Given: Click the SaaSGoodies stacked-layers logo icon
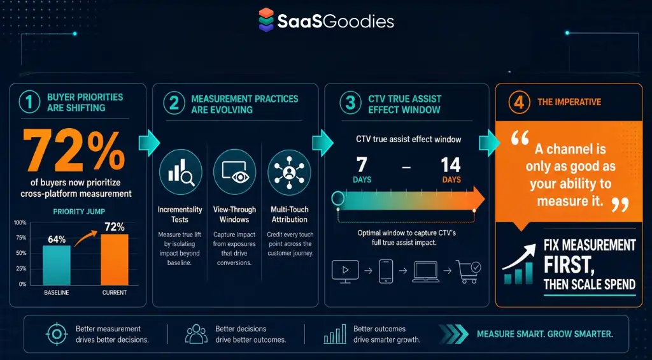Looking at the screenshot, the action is pyautogui.click(x=266, y=20).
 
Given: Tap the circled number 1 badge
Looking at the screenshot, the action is pyautogui.click(x=29, y=103).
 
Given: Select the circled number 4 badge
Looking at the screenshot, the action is pyautogui.click(x=518, y=103).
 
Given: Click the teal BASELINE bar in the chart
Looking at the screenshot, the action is pyautogui.click(x=57, y=264).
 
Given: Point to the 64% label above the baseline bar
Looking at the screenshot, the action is pyautogui.click(x=57, y=240).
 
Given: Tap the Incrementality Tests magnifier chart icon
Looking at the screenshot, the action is pyautogui.click(x=180, y=172).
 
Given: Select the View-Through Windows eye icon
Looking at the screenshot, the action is pyautogui.click(x=234, y=172).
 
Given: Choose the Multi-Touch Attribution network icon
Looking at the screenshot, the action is pyautogui.click(x=289, y=172).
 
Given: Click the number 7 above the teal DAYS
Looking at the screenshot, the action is pyautogui.click(x=362, y=165).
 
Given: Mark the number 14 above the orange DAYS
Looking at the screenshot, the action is pyautogui.click(x=451, y=165).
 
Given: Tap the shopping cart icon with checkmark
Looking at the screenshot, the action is pyautogui.click(x=468, y=272).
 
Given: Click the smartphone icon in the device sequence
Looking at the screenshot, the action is pyautogui.click(x=386, y=271).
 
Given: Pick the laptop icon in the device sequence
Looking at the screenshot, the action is pyautogui.click(x=425, y=272).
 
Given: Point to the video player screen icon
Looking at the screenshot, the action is pyautogui.click(x=345, y=271).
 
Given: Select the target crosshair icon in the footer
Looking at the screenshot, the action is pyautogui.click(x=57, y=334).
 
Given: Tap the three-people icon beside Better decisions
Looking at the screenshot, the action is pyautogui.click(x=196, y=334).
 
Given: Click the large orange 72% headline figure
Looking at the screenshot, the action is pyautogui.click(x=74, y=151).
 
